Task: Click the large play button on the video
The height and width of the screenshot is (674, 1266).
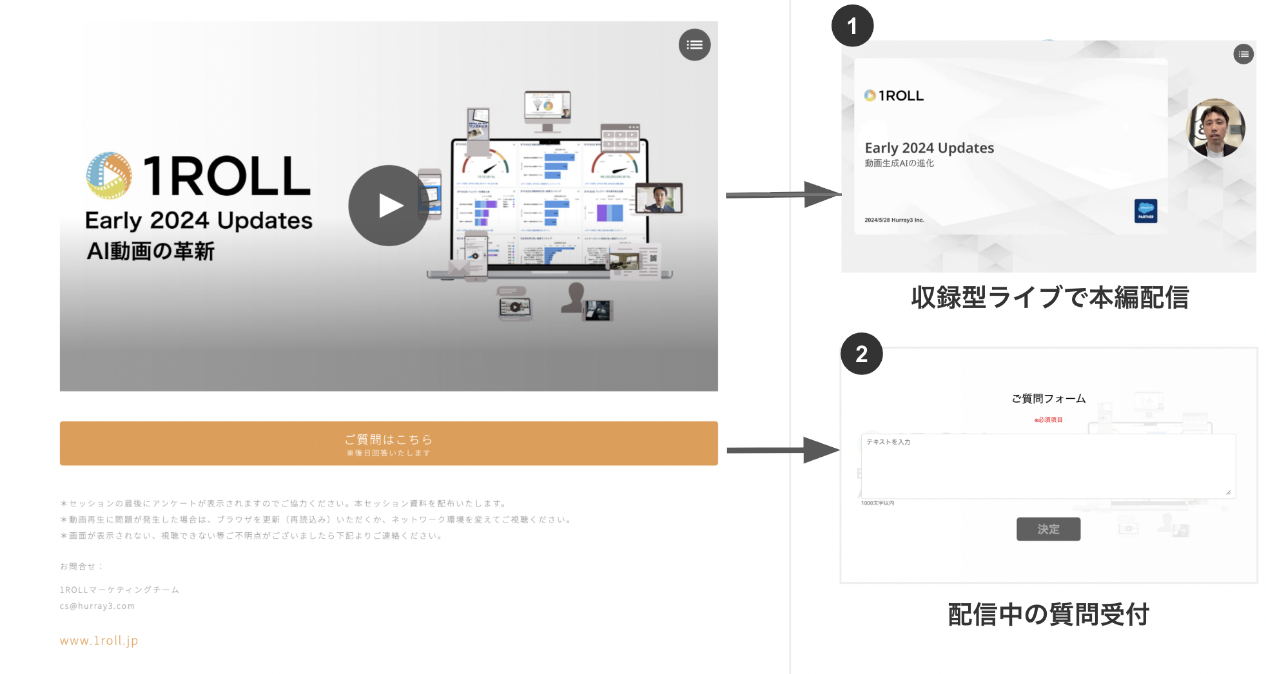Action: [389, 206]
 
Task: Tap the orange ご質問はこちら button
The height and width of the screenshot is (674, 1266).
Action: [389, 443]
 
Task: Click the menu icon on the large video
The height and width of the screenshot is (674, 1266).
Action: [694, 45]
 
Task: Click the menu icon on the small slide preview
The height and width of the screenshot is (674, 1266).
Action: [1243, 54]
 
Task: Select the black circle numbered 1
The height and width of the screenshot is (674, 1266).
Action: [852, 26]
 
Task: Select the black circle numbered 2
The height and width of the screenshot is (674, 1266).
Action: [861, 354]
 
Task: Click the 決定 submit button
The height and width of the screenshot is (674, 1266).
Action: [1048, 529]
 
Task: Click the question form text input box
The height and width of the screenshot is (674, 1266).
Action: [1048, 466]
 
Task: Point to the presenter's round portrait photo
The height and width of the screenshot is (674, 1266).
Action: [1215, 128]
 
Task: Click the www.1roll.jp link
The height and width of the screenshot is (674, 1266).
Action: [99, 640]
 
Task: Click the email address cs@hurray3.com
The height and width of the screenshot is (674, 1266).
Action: [97, 606]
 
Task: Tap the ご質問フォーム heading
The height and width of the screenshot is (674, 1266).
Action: [1048, 399]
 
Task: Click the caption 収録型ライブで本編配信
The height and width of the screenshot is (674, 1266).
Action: [1049, 298]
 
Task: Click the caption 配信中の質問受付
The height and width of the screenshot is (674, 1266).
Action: [1048, 614]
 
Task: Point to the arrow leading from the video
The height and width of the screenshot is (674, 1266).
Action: [783, 195]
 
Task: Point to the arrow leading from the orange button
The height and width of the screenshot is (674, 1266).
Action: [783, 450]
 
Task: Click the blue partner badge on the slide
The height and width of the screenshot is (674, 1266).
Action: [1145, 211]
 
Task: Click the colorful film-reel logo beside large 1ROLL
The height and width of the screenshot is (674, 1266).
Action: [109, 175]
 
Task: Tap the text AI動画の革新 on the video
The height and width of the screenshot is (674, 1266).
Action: [150, 251]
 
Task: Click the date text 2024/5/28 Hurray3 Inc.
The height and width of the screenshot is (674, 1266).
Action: [894, 220]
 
